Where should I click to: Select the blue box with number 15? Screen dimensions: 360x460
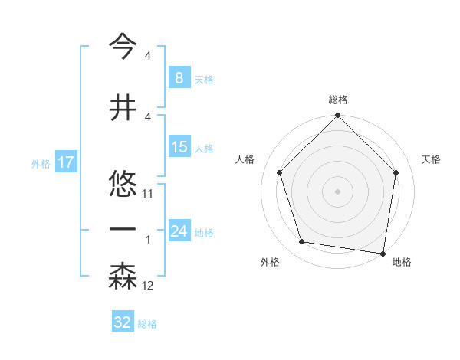point(179,147)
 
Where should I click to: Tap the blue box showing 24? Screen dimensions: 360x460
point(179,231)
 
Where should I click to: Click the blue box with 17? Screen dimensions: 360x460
point(65,162)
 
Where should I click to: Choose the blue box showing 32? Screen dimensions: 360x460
point(122,322)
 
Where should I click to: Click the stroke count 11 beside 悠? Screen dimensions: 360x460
point(148,194)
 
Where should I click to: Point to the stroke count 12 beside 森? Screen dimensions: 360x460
point(148,286)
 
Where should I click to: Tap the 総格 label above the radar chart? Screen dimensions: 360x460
point(338,100)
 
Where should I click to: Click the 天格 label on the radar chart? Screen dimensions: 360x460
point(432,159)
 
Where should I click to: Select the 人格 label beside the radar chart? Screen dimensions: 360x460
point(245,159)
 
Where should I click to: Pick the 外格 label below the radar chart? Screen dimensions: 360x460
point(270,262)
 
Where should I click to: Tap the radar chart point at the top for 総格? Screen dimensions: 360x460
point(337,116)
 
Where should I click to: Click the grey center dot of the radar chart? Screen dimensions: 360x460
point(337,191)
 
